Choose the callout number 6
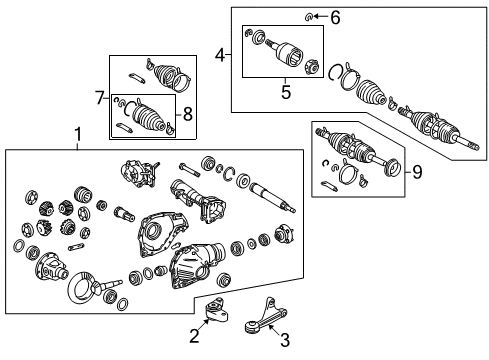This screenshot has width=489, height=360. tap(335, 17)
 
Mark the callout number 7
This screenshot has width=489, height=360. tap(99, 96)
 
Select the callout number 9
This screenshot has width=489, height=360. tap(418, 171)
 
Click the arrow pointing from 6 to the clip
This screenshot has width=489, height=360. tap(323, 17)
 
